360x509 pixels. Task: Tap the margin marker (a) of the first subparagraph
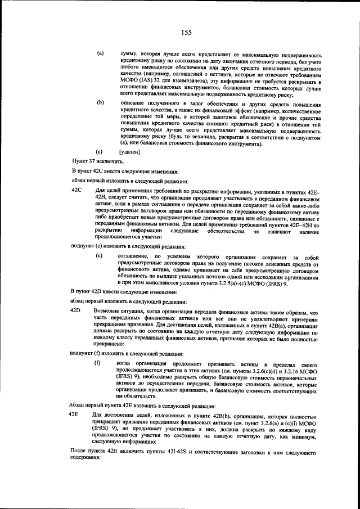pos(100,53)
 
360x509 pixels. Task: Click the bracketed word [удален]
pos(129,152)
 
